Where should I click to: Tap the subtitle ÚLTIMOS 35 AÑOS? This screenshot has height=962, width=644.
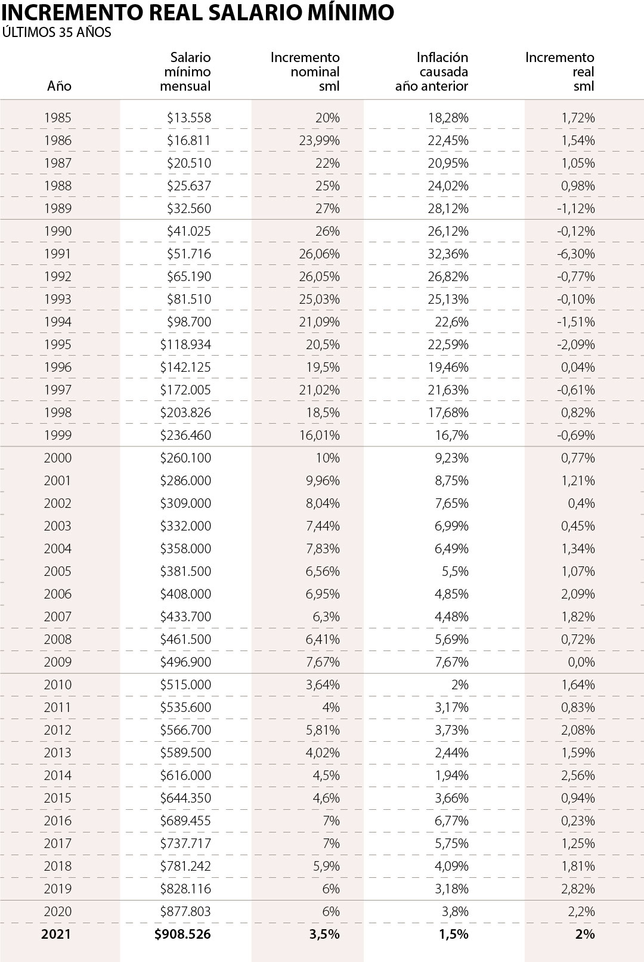[x=57, y=33]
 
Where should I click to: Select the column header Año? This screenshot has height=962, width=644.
[x=59, y=86]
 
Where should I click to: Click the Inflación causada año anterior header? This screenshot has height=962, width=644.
[x=432, y=72]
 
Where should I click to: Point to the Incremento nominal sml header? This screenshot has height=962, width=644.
[x=305, y=72]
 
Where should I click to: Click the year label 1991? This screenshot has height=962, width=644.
[x=57, y=254]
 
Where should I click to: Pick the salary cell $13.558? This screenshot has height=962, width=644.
[x=189, y=118]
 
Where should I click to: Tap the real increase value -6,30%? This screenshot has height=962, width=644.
[x=576, y=254]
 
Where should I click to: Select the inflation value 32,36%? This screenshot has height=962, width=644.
[x=448, y=254]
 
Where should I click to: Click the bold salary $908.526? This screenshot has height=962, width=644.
[x=182, y=934]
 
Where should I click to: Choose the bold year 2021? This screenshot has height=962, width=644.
[x=56, y=934]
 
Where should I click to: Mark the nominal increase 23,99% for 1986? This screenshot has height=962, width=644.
[x=320, y=140]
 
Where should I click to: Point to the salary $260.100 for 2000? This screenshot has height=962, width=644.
[x=185, y=458]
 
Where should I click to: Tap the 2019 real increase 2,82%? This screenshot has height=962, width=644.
[x=578, y=889]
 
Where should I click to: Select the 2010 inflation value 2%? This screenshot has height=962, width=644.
[x=460, y=684]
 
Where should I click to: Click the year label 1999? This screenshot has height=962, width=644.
[x=57, y=435]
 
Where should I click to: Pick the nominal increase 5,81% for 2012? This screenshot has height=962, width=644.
[x=323, y=730]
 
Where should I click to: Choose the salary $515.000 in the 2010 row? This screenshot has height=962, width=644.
[x=185, y=684]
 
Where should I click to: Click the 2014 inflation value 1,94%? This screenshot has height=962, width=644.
[x=451, y=775]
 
